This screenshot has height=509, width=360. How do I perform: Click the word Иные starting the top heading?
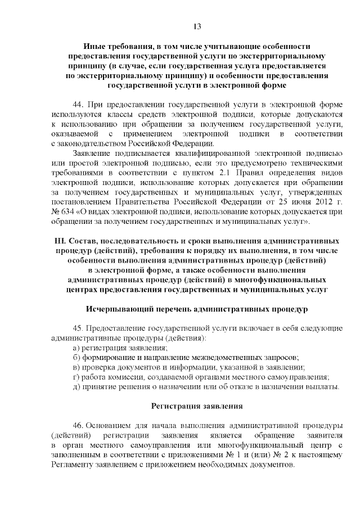93,46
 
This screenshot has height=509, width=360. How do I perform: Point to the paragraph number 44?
79,105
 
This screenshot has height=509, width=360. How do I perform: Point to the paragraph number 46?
79,425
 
